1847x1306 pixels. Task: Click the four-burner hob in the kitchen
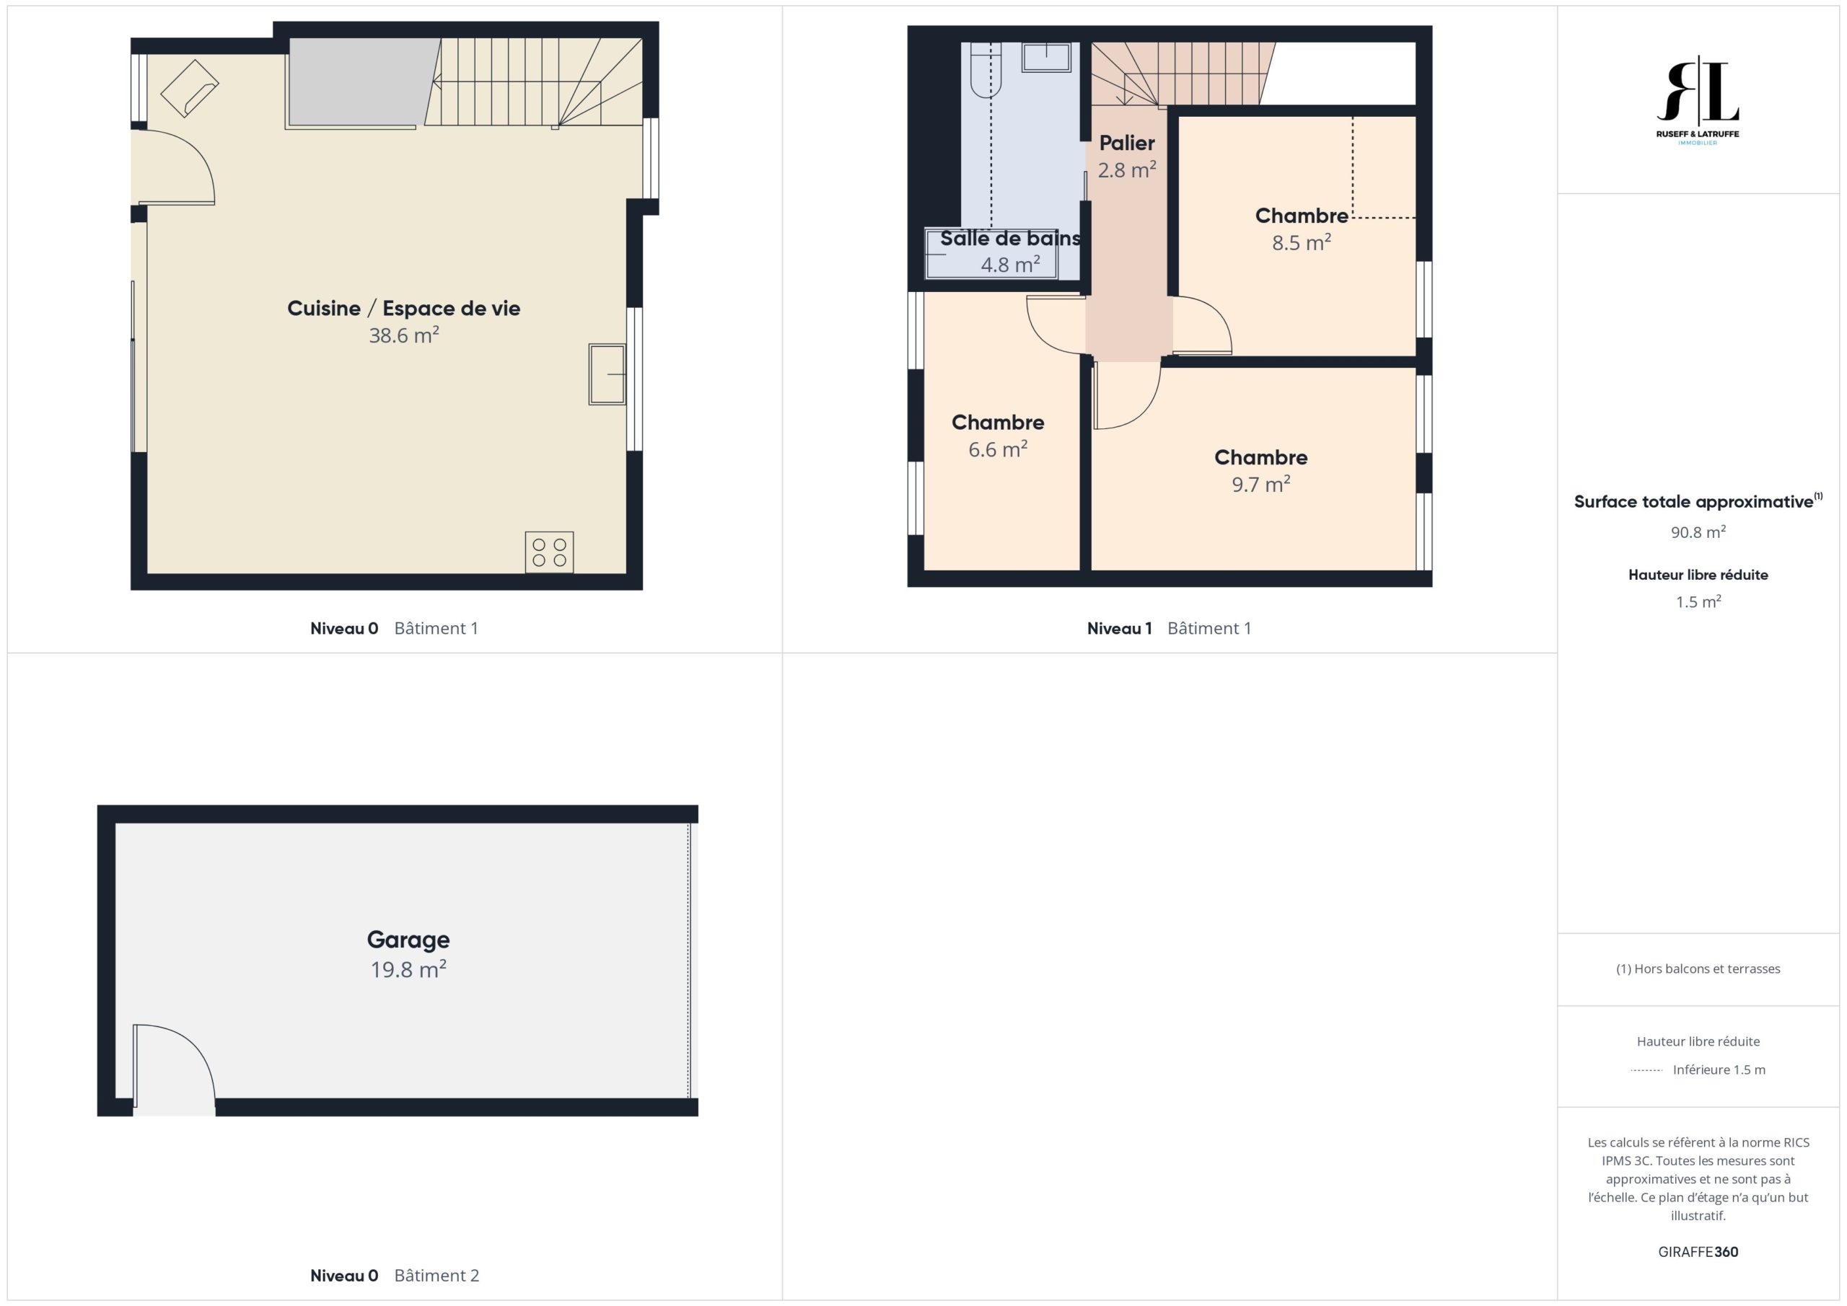550,552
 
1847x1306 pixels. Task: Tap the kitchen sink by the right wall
607,374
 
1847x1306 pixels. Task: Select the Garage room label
408,939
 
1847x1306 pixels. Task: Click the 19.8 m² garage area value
408,969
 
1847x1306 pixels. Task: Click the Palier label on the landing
1127,143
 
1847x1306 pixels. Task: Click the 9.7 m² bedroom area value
1260,484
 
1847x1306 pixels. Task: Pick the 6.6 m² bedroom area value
998,449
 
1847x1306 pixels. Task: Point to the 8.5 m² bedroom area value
1301,242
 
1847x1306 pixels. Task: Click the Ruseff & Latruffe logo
1698,100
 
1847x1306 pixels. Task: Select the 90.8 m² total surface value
1698,531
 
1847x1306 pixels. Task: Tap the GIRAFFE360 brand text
1698,1251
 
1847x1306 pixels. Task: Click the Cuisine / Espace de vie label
404,308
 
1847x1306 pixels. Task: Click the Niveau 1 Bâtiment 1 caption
1169,628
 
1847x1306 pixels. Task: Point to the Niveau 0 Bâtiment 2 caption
394,1276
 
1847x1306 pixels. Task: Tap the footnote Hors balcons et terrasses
1698,969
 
